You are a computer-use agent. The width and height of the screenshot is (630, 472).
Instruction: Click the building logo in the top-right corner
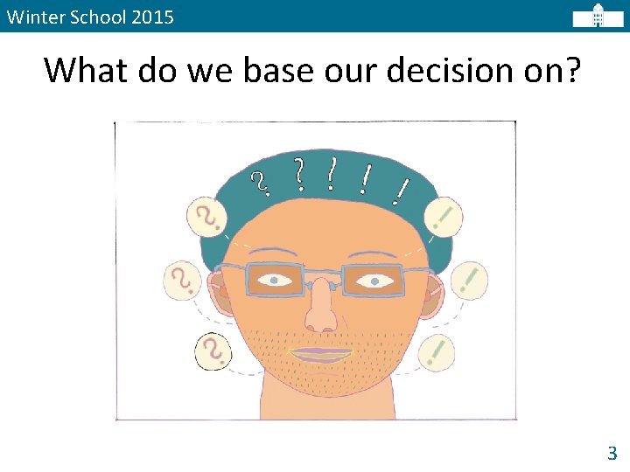(598, 17)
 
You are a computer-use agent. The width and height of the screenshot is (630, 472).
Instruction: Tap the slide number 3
(612, 453)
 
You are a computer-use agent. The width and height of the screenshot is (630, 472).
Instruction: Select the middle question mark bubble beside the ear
(183, 281)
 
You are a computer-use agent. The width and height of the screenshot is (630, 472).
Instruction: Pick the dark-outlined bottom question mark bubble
(213, 351)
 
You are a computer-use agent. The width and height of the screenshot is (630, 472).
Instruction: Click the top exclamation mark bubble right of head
(444, 216)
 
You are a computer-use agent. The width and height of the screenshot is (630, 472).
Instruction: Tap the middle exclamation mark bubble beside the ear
(469, 281)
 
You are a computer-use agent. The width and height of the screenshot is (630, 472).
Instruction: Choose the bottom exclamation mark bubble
(437, 353)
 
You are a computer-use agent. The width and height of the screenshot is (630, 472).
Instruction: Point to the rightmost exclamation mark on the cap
(402, 190)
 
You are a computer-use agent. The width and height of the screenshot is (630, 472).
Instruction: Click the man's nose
(321, 310)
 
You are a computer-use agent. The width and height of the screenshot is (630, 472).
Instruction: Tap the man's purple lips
(319, 354)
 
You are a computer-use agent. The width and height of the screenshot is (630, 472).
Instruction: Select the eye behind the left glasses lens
(275, 281)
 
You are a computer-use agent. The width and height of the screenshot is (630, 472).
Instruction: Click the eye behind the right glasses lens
(374, 281)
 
